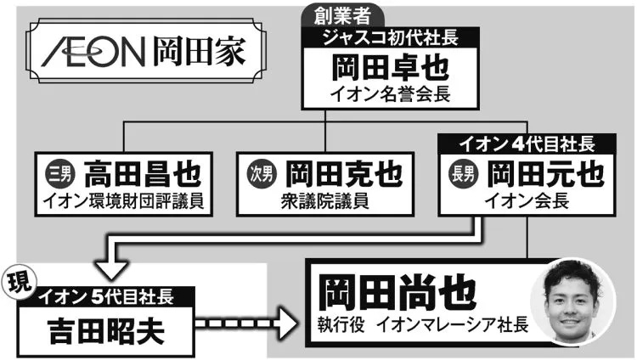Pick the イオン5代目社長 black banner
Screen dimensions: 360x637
107,296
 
